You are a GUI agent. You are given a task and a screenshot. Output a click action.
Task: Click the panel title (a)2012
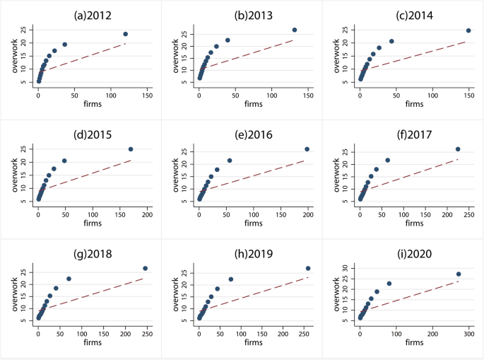point(81,11)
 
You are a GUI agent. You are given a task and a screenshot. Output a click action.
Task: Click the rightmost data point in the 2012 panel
point(125,34)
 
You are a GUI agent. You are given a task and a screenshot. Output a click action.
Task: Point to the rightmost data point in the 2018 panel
point(145,268)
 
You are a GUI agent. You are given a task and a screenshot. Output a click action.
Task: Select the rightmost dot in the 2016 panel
point(307,149)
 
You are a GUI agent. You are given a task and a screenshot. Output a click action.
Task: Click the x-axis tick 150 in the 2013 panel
point(307,95)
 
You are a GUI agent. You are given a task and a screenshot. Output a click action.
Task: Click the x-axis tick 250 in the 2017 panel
point(468,213)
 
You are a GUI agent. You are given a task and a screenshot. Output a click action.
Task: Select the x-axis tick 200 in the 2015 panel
point(146,213)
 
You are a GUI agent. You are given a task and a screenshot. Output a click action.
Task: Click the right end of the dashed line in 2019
point(307,277)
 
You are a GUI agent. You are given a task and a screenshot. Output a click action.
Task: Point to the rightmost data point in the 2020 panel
point(458,274)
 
